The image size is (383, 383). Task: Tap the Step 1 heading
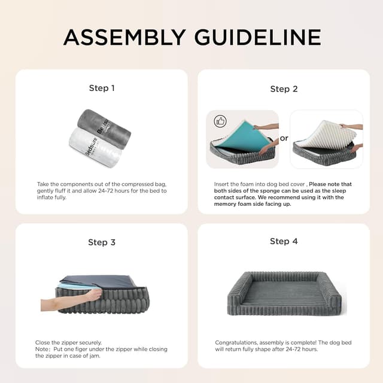(102, 88)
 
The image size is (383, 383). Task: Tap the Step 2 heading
(284, 89)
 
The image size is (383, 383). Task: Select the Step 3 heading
(102, 242)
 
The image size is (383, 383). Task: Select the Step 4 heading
(284, 241)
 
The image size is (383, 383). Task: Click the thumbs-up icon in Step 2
(220, 121)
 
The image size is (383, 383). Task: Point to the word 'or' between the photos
(284, 138)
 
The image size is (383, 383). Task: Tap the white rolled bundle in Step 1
(93, 147)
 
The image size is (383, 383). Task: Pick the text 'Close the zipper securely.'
(64, 342)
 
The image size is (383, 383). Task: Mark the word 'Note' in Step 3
(42, 349)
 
